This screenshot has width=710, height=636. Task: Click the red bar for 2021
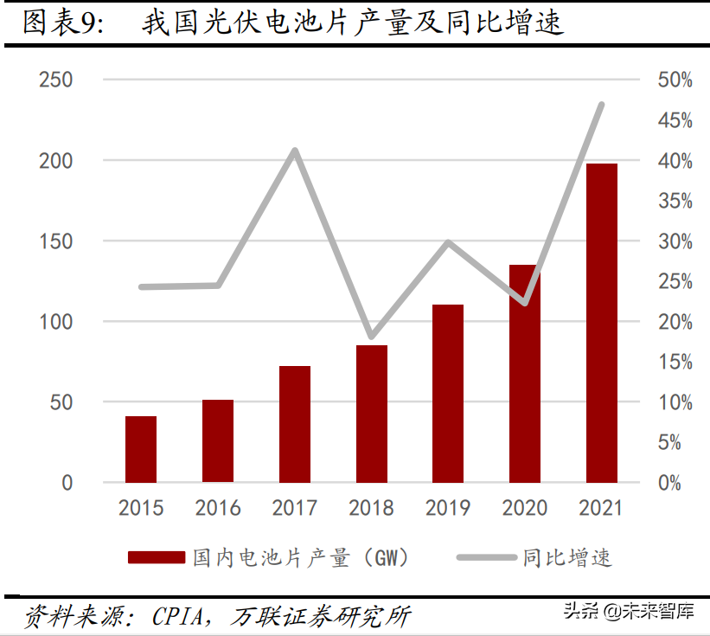pos(602,322)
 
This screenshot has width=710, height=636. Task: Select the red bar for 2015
pos(141,449)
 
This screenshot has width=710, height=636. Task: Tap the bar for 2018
pos(372,414)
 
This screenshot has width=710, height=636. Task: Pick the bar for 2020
pos(525,373)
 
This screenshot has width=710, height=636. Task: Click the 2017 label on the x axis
pos(294,508)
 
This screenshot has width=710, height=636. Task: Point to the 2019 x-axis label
pos(448,508)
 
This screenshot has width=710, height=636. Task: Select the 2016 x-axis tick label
pos(218,508)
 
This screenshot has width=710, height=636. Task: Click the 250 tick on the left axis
pos(56,80)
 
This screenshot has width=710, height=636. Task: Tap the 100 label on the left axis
pos(56,322)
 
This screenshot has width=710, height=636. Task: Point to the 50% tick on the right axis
pos(675,80)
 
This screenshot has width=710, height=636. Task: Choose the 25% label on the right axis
pos(675,282)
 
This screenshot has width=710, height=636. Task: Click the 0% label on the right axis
pos(670,483)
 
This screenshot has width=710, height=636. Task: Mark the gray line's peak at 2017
pos(295,151)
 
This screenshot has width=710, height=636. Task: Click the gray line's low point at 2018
pos(372,336)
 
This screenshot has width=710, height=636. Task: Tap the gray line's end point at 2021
pos(601,105)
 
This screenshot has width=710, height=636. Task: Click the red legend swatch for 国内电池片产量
pos(157,557)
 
